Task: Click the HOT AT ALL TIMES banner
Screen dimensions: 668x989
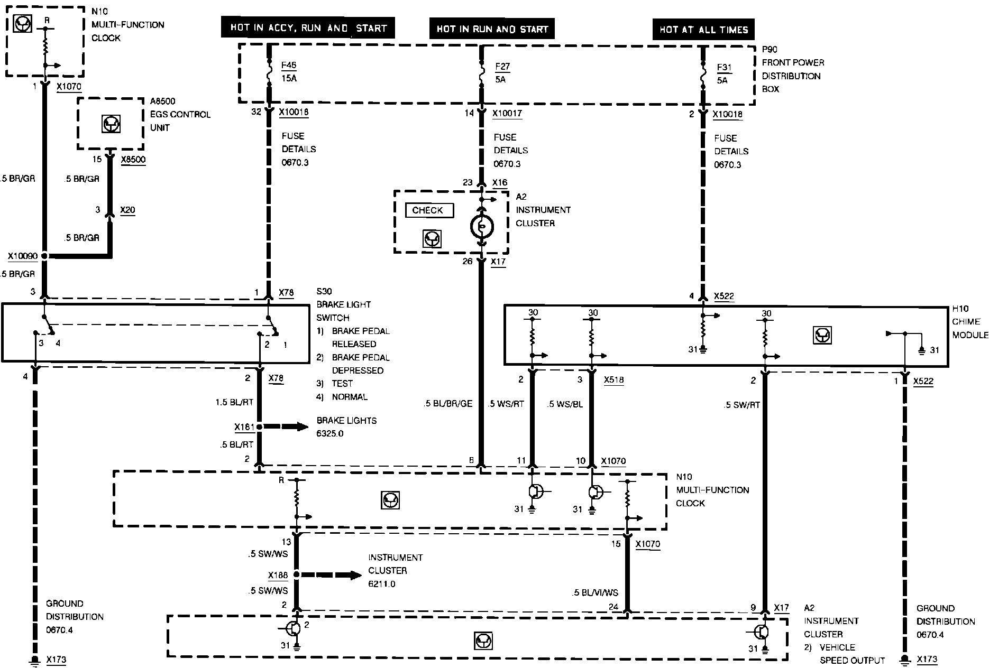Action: [x=703, y=30]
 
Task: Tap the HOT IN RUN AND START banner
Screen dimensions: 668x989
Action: [x=492, y=29]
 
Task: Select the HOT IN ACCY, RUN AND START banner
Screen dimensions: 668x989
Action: [x=308, y=28]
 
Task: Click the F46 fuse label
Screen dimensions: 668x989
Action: [x=289, y=66]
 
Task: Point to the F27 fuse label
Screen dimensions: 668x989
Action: [x=502, y=67]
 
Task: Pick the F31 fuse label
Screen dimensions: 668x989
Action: [x=724, y=68]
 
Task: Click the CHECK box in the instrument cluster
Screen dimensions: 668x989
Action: [x=429, y=210]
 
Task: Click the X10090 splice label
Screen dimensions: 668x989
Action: [x=23, y=256]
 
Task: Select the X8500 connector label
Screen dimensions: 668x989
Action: [x=133, y=160]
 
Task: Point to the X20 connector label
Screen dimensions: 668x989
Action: [x=127, y=210]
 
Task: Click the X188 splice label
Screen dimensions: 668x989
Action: [x=278, y=575]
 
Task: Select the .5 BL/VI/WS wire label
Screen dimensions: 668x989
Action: [x=594, y=593]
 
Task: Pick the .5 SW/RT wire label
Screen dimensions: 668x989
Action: [x=741, y=405]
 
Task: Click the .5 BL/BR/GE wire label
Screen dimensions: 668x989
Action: [x=448, y=404]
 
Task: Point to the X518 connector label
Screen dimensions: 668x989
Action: [x=613, y=379]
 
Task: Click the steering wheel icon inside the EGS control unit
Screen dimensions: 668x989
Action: [x=111, y=124]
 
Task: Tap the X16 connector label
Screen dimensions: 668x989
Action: [x=500, y=183]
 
